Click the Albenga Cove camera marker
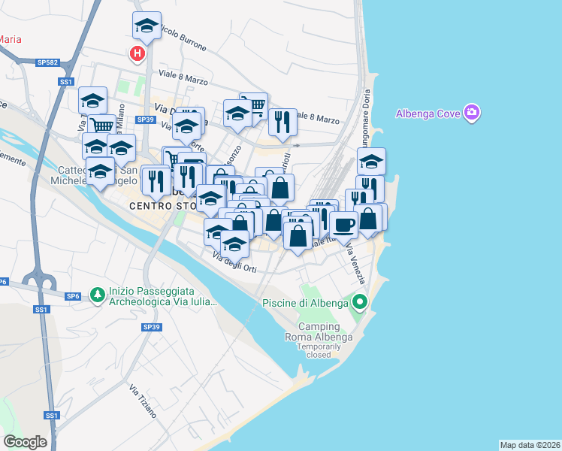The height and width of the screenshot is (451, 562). [472, 114]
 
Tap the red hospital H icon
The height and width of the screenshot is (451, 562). [137, 53]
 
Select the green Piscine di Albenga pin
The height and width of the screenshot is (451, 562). [360, 303]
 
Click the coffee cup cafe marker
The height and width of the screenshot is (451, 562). [344, 225]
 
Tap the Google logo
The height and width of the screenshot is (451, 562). [24, 441]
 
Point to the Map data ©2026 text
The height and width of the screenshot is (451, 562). [530, 444]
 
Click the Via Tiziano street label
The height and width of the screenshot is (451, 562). [143, 401]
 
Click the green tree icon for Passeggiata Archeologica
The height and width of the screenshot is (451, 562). [97, 295]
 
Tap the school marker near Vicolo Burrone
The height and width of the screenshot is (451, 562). [147, 26]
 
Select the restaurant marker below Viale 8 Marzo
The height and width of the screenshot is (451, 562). [283, 121]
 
